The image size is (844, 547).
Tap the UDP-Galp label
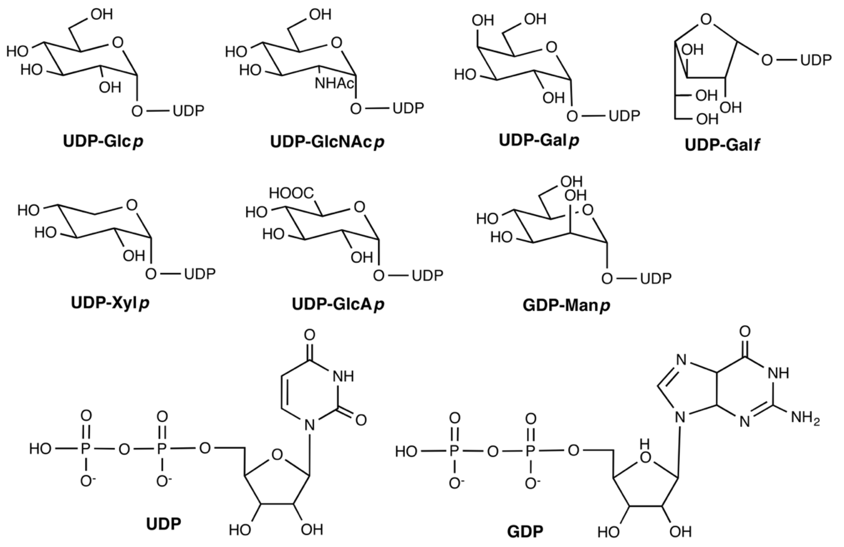point(539,140)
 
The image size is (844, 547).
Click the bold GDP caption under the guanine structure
point(525,531)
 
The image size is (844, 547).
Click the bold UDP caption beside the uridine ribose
point(163,523)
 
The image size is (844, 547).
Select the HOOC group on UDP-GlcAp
point(291,193)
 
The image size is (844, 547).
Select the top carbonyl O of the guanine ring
point(745,332)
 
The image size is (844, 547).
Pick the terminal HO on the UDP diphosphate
point(40,449)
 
